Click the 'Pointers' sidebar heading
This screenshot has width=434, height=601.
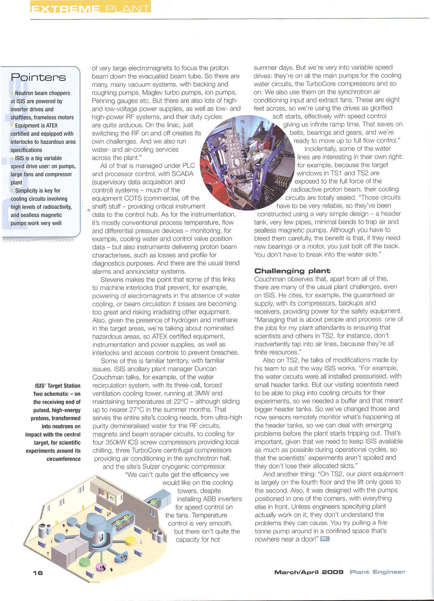tap(38, 77)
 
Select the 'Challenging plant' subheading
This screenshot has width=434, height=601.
tap(292, 271)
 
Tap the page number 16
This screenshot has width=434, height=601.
tap(38, 573)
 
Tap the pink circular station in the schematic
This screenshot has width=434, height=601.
tap(102, 569)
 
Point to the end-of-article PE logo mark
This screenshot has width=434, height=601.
tap(325, 539)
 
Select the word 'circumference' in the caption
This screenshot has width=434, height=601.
tap(63, 459)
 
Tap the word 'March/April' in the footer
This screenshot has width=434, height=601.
tap(296, 572)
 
